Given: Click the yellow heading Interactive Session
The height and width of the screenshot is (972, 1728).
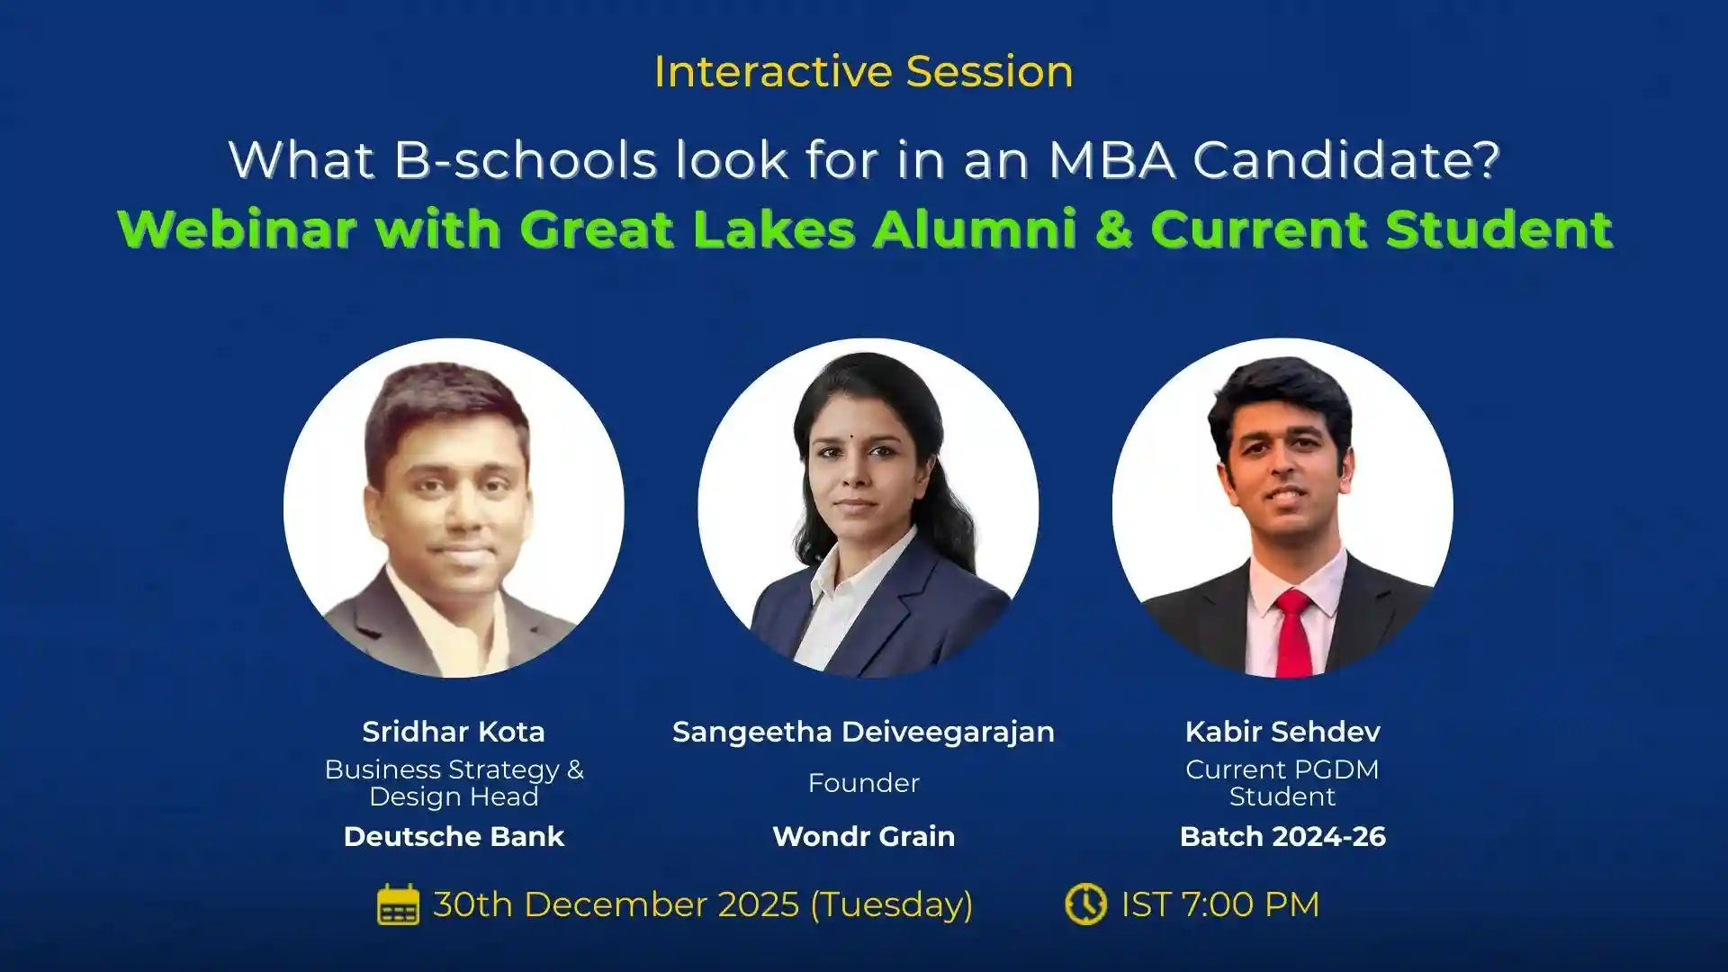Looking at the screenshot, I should point(863,72).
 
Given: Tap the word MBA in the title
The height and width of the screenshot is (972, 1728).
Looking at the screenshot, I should point(1111,160).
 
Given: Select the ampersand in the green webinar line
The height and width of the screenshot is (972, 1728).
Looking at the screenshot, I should point(1113,229).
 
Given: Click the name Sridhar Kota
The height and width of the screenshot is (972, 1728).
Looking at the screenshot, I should point(454,732).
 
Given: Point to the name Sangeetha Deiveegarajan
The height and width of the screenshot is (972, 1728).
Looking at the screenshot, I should point(863,732).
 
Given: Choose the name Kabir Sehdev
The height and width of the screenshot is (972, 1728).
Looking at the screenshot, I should point(1282,732).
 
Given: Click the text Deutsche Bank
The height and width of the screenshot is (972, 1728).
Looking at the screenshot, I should point(454,836).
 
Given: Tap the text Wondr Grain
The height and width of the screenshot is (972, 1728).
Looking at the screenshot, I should point(863,836).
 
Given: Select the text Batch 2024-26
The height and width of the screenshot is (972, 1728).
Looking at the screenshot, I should point(1282,836).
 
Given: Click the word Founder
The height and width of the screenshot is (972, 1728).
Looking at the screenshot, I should point(863,783).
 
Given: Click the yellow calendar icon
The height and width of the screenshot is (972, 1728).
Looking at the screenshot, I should point(398,904).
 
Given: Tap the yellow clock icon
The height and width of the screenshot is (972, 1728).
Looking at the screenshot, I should point(1085,904).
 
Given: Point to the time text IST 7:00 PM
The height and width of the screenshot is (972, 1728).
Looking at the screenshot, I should point(1219,904).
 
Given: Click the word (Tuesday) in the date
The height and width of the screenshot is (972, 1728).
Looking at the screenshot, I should point(891,904).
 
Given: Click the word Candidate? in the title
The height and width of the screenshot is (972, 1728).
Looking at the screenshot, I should point(1346,160).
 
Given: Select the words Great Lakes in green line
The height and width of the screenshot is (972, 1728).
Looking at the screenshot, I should point(687,229).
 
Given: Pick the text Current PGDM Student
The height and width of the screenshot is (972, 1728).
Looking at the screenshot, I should point(1282,783).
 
